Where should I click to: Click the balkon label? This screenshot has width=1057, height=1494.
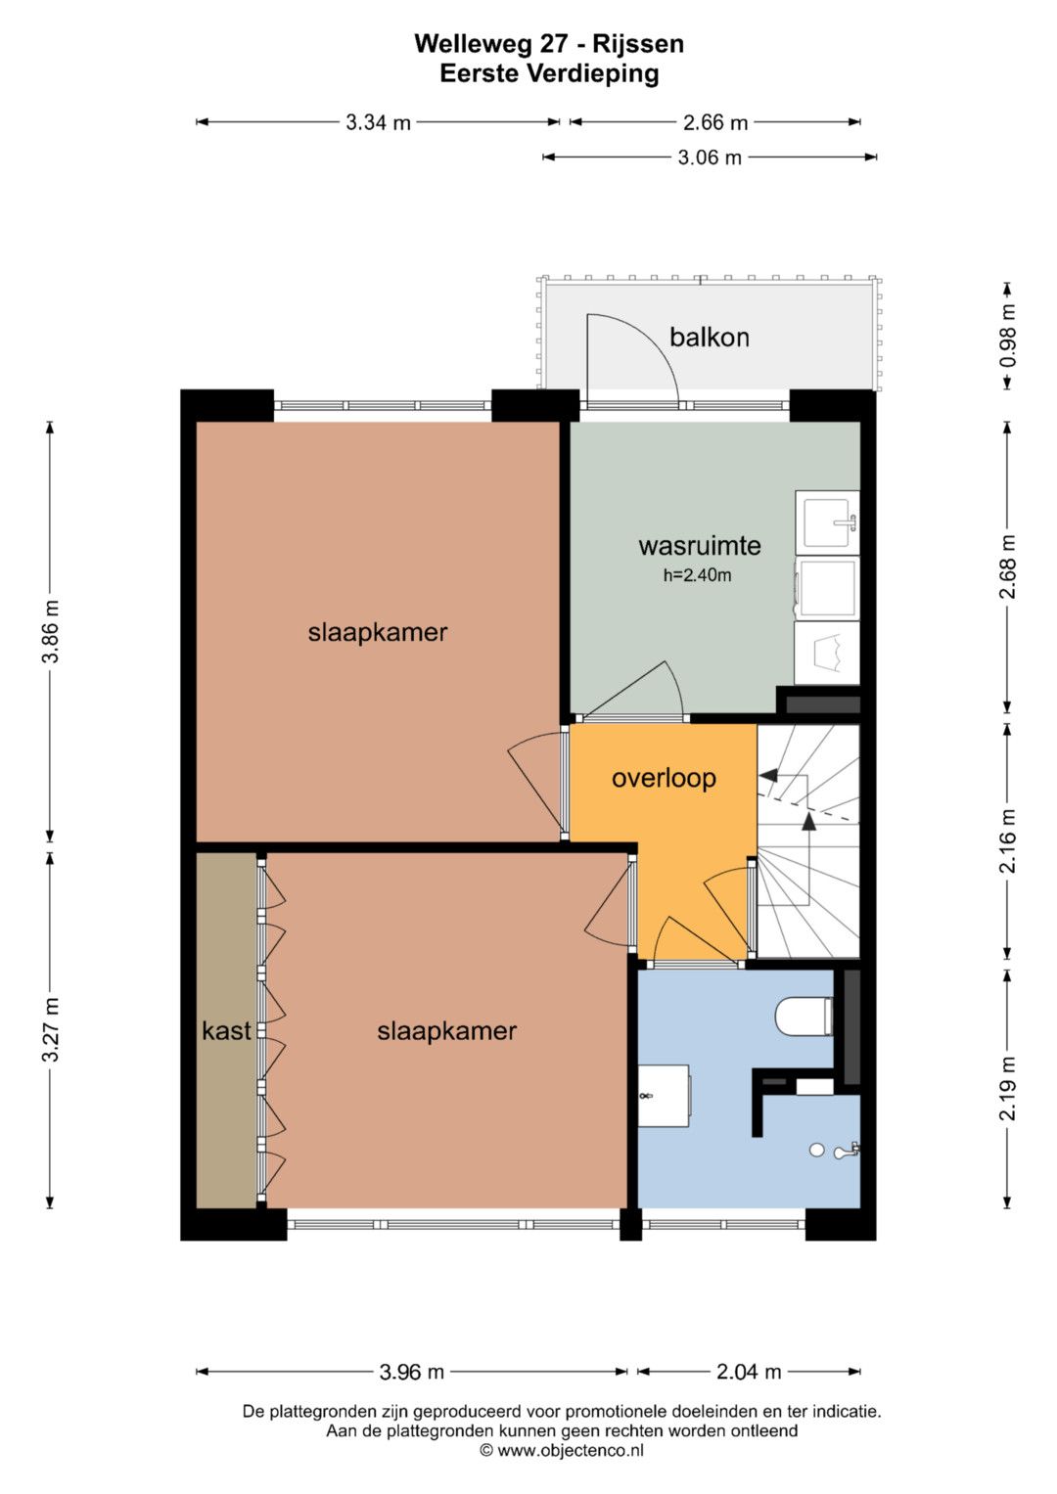pos(710,338)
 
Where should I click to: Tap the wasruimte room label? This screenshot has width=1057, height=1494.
pos(700,546)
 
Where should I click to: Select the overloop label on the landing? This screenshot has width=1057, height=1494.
pos(664,779)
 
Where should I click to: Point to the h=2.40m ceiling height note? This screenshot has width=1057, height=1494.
pos(697,575)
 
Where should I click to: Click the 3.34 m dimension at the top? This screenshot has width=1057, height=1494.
pos(378,122)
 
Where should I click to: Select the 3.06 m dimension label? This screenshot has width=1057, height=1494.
pos(710,158)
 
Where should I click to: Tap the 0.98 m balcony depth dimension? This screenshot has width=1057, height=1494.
pos(1008,336)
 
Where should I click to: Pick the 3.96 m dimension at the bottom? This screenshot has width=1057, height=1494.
pos(412,1372)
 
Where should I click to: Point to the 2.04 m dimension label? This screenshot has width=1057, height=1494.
pos(749,1372)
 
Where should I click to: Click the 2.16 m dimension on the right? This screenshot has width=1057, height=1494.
pos(1008,841)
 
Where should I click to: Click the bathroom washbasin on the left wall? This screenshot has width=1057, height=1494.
pos(664,1095)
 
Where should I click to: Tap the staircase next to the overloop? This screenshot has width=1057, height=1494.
pos(808,841)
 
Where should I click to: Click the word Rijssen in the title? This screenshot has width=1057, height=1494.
pos(638,44)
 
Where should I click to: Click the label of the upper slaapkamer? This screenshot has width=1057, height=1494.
pos(378,632)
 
